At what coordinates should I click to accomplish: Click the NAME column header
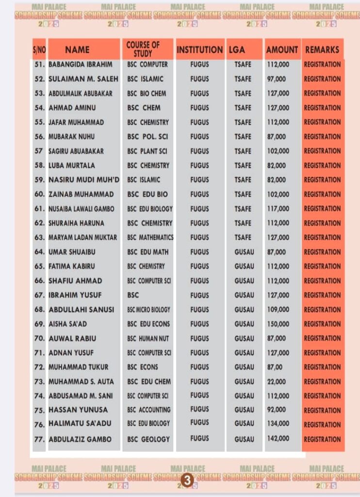77,50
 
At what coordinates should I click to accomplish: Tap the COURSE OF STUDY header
143,49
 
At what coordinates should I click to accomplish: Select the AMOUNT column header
282,50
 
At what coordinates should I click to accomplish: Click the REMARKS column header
322,50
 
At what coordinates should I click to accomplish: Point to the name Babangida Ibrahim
81,64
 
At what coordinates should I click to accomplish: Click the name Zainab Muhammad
81,194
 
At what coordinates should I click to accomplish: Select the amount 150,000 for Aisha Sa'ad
278,324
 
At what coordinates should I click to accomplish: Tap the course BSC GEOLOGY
148,439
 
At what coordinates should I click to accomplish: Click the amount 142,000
278,439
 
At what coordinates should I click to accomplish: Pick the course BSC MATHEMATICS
150,237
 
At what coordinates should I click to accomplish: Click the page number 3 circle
187,480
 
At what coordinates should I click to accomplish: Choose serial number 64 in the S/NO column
40,252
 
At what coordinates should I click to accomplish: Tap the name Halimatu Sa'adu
80,424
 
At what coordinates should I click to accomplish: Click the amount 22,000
277,381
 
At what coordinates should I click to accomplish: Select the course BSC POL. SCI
147,136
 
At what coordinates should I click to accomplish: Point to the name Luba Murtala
72,166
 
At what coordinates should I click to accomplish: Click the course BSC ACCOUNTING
148,410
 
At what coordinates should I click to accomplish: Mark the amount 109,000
278,309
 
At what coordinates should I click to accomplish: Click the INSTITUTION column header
199,50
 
